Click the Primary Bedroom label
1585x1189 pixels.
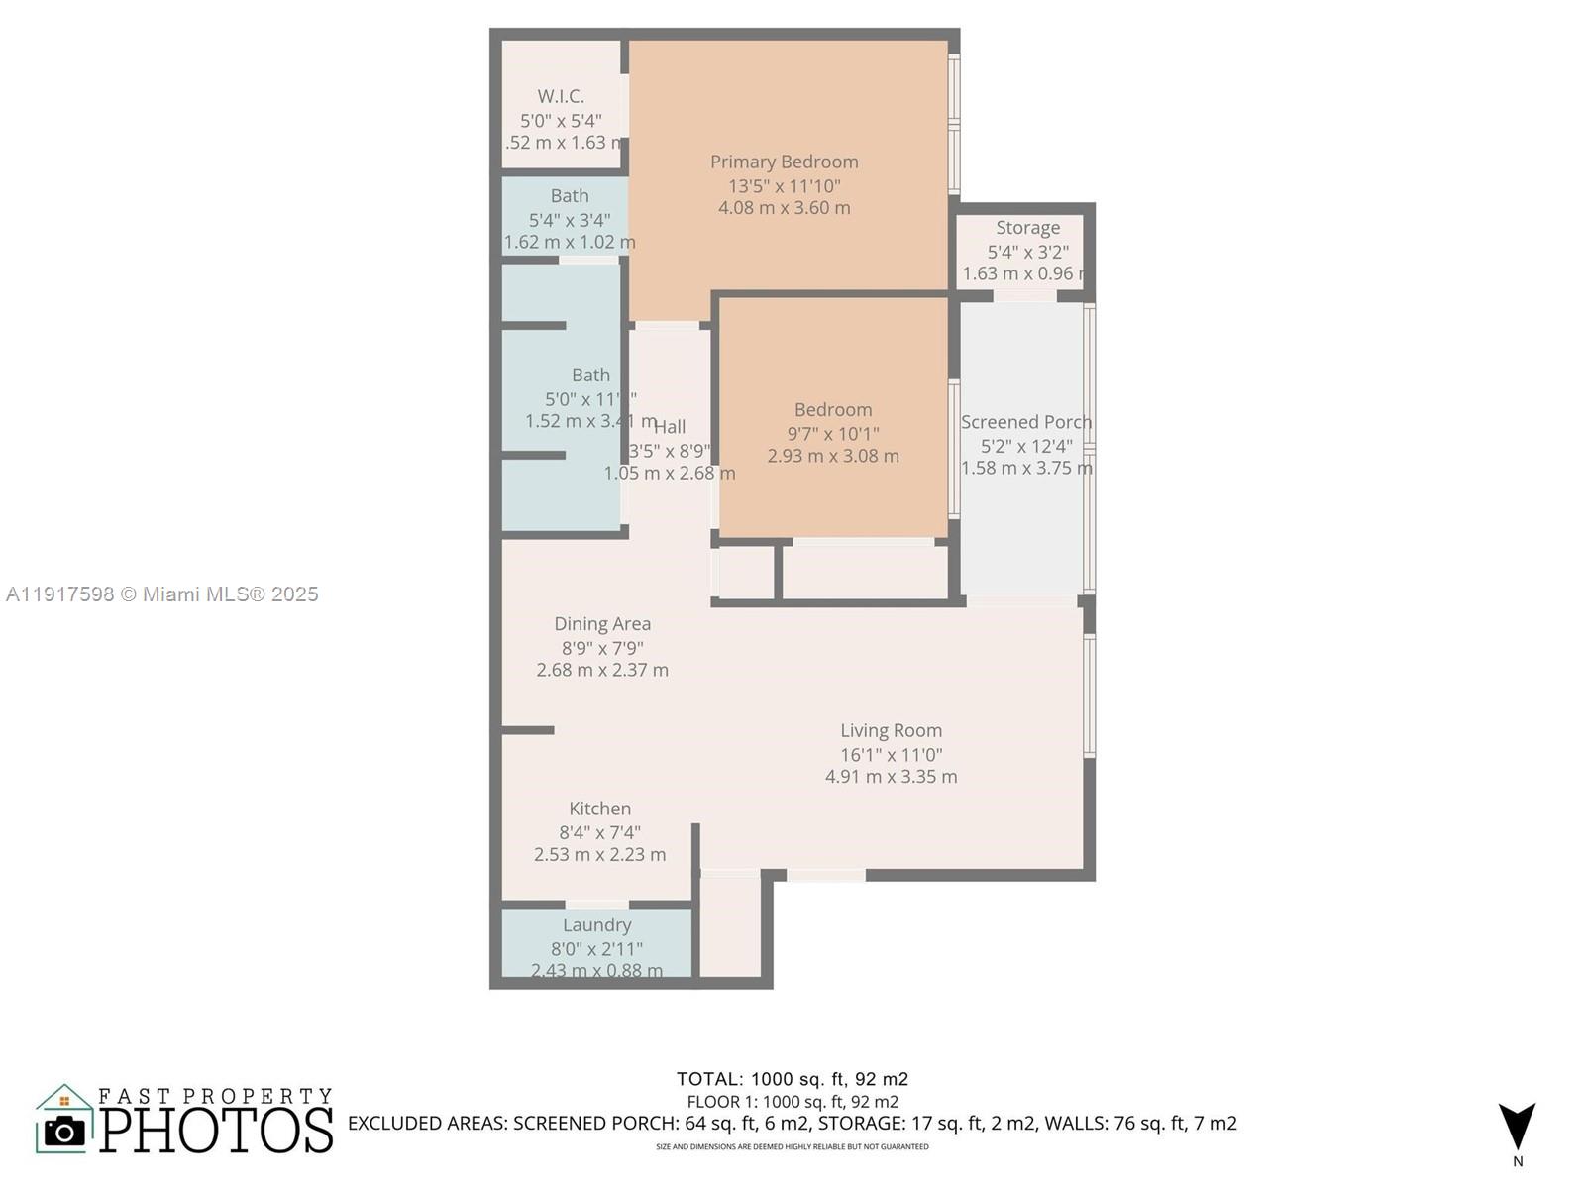click(x=784, y=162)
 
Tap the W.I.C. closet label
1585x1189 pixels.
click(x=561, y=96)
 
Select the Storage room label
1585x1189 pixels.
click(x=1027, y=228)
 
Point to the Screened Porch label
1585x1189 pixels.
click(x=1025, y=422)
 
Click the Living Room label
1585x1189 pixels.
click(x=891, y=730)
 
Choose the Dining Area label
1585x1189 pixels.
click(x=602, y=623)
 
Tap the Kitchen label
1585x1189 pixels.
click(x=599, y=809)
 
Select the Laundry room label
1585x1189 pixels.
click(x=596, y=924)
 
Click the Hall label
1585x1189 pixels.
click(x=670, y=427)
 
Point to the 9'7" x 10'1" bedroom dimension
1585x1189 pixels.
click(x=832, y=433)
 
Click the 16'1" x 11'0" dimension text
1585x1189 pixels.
click(x=891, y=754)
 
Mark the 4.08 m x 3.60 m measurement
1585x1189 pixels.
click(x=784, y=208)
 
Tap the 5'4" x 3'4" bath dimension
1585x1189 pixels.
click(x=569, y=220)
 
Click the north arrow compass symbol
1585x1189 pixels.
click(x=1517, y=1127)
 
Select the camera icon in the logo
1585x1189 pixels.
click(x=64, y=1131)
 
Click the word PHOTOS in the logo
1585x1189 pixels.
click(x=216, y=1131)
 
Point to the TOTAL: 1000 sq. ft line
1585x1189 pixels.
click(x=792, y=1079)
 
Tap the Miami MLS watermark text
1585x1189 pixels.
click(x=162, y=594)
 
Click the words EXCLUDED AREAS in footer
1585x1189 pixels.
click(x=427, y=1124)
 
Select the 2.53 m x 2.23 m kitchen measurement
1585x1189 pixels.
click(x=599, y=854)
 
